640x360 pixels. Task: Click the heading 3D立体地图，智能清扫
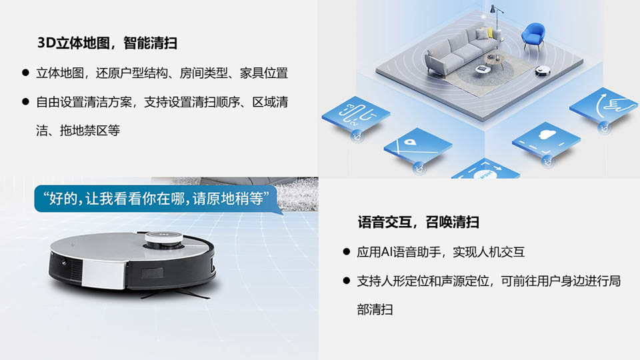(107, 43)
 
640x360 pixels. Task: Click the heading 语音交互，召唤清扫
(419, 222)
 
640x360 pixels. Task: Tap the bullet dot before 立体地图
(26, 73)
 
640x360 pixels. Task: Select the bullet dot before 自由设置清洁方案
(26, 101)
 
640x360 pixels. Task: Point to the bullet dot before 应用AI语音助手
(347, 251)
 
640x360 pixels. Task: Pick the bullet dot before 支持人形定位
(347, 281)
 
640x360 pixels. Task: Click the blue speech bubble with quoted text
(157, 199)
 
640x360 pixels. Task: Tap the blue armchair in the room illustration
(533, 35)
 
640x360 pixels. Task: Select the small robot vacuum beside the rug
(543, 70)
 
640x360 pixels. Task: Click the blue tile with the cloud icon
(546, 141)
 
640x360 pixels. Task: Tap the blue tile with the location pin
(417, 147)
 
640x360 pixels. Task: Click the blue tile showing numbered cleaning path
(355, 115)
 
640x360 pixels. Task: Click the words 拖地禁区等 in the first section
(90, 131)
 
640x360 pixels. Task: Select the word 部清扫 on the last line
(375, 309)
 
